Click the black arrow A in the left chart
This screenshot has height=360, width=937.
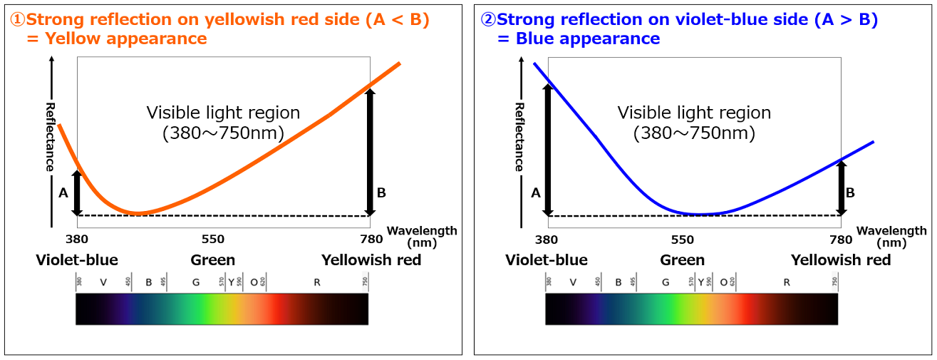click(77, 193)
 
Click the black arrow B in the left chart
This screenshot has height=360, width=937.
click(369, 151)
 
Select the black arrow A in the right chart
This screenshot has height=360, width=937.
click(547, 150)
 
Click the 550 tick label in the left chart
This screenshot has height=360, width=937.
click(213, 240)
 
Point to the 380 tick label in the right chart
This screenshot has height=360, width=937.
click(547, 240)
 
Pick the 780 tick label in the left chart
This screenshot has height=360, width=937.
click(371, 240)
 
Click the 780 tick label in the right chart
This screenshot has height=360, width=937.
click(841, 240)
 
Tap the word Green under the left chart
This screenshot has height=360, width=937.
click(212, 260)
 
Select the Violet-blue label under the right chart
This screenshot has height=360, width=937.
click(547, 260)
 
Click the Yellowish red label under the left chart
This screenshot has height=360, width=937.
click(371, 260)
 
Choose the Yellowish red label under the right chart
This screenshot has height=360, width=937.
click(841, 260)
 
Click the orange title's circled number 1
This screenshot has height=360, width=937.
click(17, 20)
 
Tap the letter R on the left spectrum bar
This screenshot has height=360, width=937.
click(316, 283)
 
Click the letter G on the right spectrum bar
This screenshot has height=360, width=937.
click(665, 283)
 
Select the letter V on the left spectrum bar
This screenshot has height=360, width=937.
click(103, 283)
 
